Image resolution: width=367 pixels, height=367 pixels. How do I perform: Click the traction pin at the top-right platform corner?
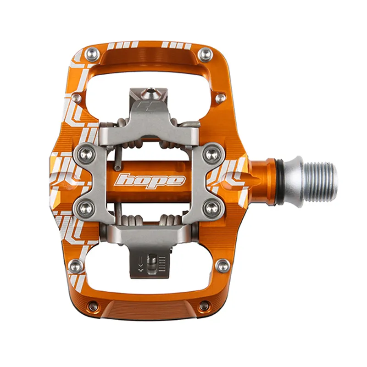(x=205, y=55)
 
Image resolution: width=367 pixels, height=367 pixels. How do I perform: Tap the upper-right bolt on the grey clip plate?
(x=211, y=153)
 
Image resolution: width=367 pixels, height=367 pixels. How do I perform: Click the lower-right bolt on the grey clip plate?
(x=211, y=207)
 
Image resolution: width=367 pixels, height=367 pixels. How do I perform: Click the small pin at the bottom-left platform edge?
(x=93, y=306)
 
